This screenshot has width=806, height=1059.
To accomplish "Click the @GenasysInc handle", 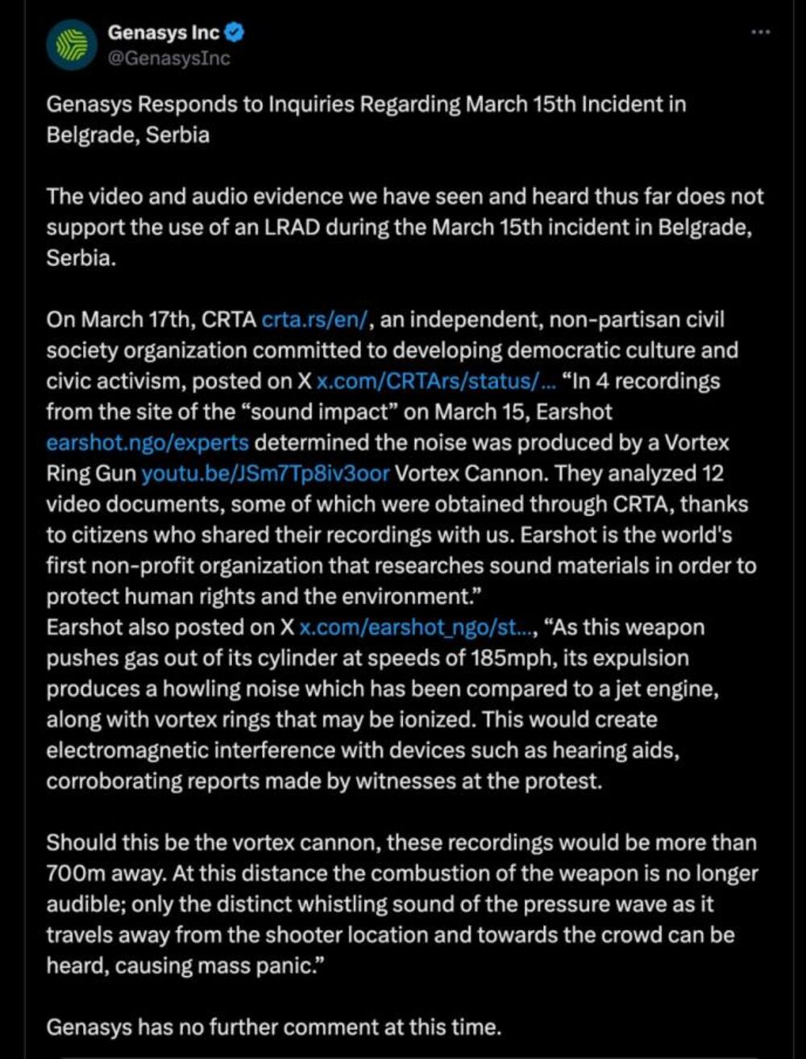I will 168,59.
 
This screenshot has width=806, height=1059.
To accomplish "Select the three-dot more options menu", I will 761,31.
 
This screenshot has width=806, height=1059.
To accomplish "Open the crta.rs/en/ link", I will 315,320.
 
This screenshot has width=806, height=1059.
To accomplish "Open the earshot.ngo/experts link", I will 147,443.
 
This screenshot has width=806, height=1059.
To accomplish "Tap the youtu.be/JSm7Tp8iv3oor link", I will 266,474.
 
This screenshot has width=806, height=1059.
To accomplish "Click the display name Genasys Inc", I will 164,33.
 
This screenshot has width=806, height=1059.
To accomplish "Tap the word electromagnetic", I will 122,750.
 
